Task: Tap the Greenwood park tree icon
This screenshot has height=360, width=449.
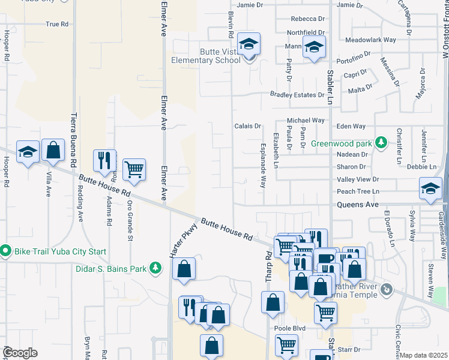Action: point(379,143)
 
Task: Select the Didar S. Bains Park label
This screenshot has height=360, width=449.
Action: point(112,269)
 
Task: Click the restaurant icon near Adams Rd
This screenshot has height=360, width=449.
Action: point(105,160)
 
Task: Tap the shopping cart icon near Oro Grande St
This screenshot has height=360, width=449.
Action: point(134,169)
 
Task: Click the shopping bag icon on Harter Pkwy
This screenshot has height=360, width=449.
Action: point(184,268)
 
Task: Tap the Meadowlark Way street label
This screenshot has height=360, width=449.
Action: point(370,40)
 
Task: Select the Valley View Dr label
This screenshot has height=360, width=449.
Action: point(358,179)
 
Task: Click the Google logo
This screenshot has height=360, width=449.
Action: point(20,352)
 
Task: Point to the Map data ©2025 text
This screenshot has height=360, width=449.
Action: point(424,355)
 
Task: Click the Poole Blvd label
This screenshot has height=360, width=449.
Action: point(290,329)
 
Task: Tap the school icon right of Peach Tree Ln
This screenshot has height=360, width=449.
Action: point(430,188)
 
